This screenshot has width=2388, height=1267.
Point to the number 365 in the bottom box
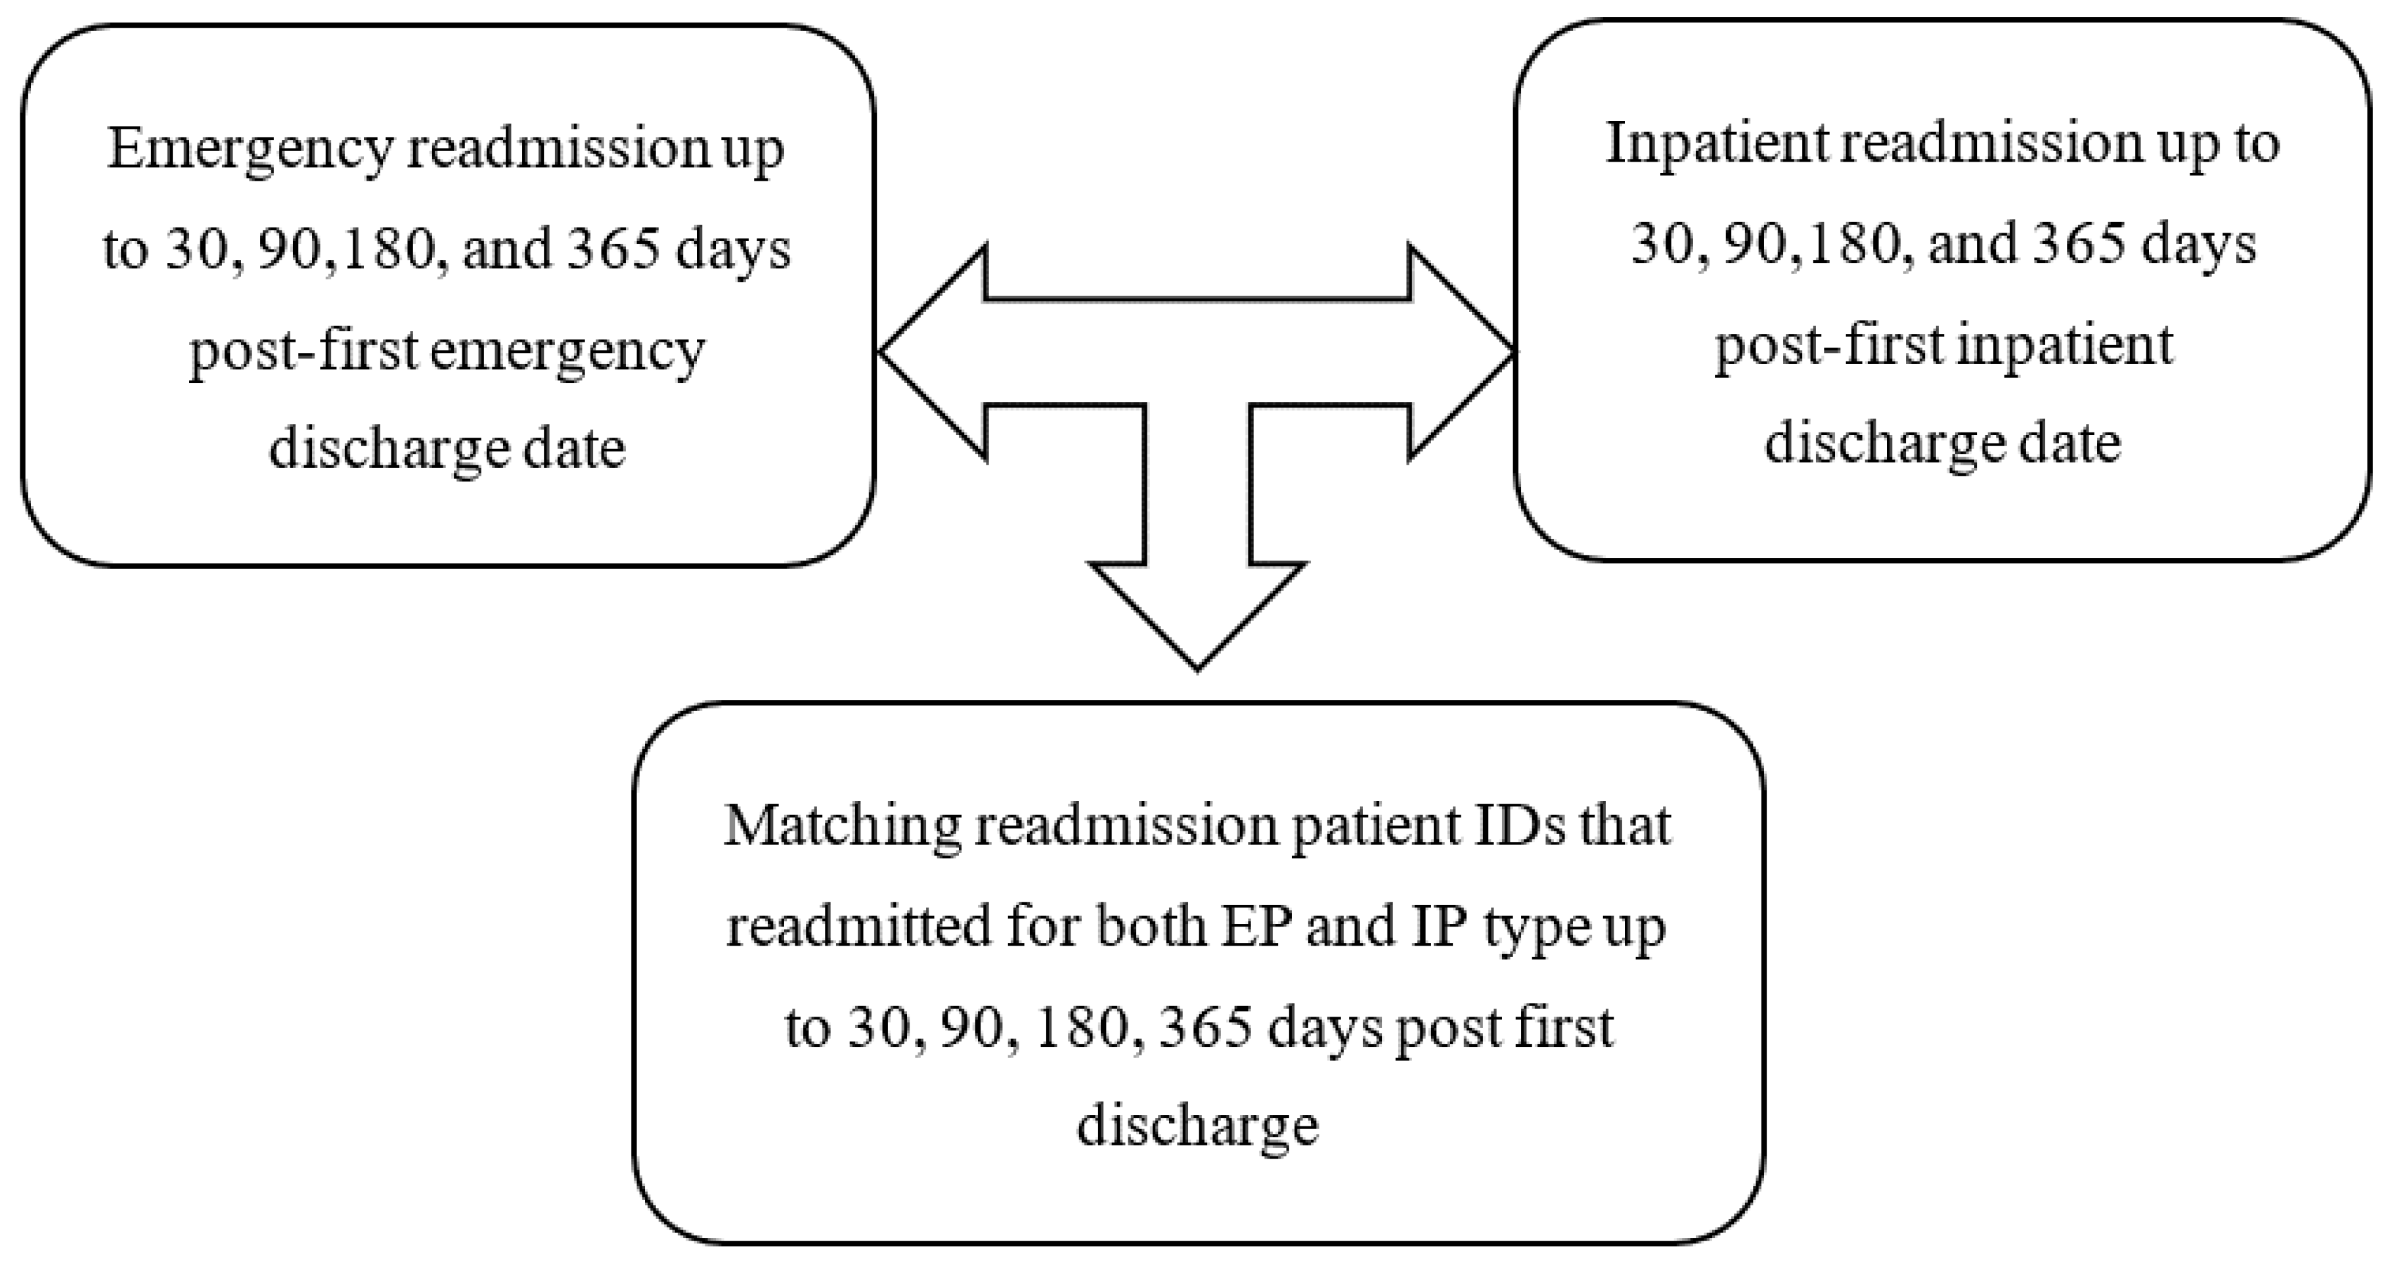pyautogui.click(x=1206, y=1028)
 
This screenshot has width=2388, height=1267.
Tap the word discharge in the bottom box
pyautogui.click(x=1197, y=1126)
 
